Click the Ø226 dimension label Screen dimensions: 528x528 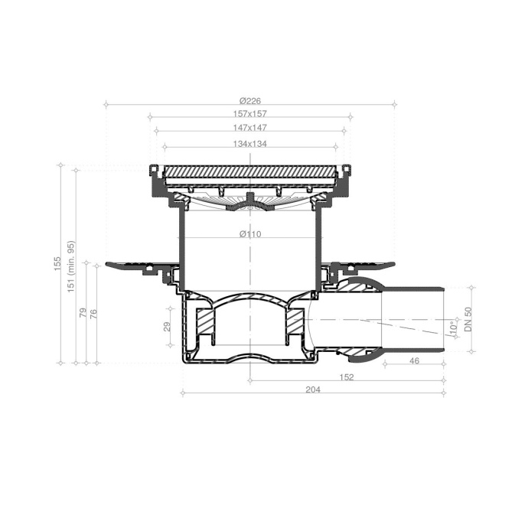click(250, 99)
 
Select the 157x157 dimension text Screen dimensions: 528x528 click(250, 114)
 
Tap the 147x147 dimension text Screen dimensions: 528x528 click(250, 128)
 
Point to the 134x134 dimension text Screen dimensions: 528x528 click(250, 143)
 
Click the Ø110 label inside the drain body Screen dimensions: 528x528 click(250, 234)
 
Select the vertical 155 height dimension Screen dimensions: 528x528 click(57, 263)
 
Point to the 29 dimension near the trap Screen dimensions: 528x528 click(168, 328)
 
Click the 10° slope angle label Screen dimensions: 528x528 click(451, 328)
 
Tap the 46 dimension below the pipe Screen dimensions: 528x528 click(414, 360)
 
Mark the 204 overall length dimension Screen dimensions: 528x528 click(312, 389)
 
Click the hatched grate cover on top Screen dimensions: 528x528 click(250, 171)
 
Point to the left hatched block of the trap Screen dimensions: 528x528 click(206, 322)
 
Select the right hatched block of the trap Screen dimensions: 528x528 click(295, 322)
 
